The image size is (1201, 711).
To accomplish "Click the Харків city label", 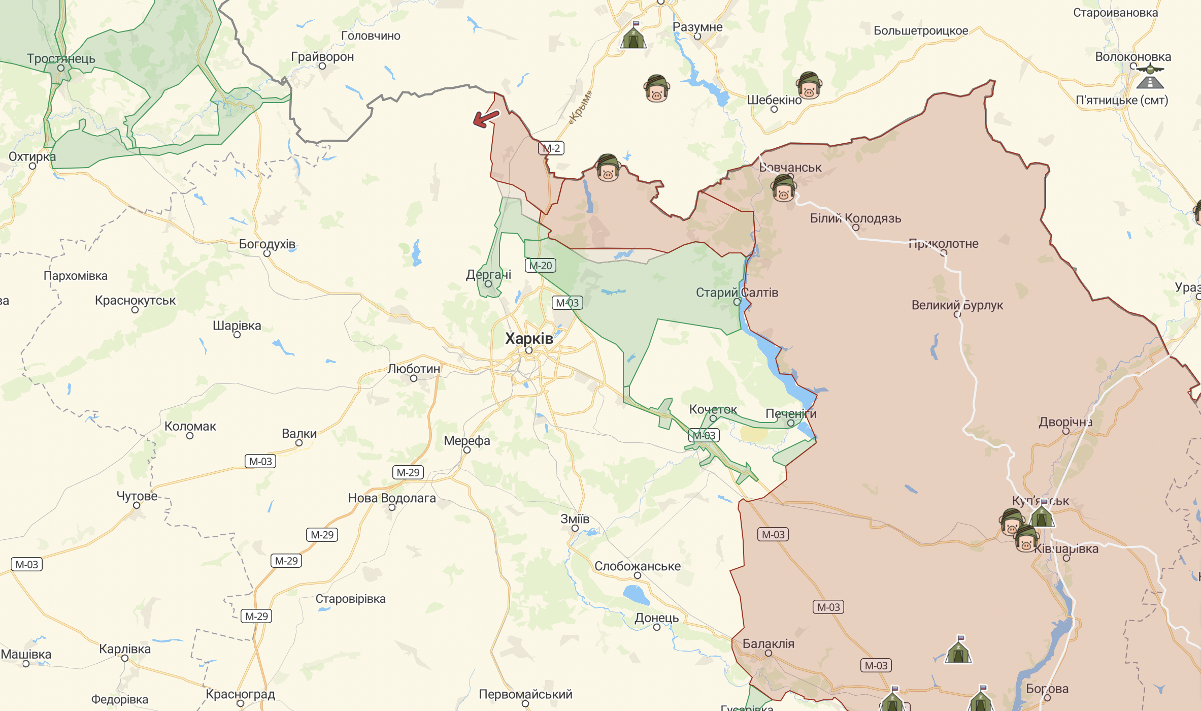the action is tap(528, 339).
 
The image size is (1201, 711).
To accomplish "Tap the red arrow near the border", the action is tap(486, 118).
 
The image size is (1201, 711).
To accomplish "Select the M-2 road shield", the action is tap(551, 148).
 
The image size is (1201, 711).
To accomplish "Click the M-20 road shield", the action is tap(540, 266).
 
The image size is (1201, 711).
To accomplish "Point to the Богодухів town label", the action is tap(267, 244).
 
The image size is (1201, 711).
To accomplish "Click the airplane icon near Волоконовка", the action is tap(1150, 70).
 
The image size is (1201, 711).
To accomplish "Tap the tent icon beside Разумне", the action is tap(633, 37).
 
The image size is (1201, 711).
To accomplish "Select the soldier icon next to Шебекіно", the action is tap(809, 85).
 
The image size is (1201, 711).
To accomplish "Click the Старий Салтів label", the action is tap(737, 293).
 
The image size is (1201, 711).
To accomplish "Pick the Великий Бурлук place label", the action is tap(957, 305).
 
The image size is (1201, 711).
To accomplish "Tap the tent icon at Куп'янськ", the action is tap(1042, 516).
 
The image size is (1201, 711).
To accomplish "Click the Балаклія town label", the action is tap(768, 643).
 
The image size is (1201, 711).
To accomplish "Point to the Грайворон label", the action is tap(322, 57).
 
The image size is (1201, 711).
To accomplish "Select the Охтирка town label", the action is tap(32, 156).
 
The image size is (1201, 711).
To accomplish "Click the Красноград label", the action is tap(240, 694).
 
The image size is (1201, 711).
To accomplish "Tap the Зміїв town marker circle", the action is tap(575, 528).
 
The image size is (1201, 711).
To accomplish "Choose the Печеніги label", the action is tap(790, 413).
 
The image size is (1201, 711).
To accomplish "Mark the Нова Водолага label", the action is tap(391, 498).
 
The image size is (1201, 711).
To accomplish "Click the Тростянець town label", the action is tap(61, 58).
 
